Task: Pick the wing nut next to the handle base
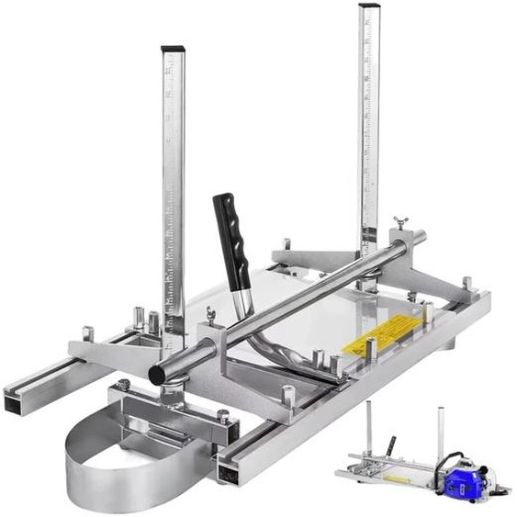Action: coord(210,315)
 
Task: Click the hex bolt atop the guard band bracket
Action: coord(122,386)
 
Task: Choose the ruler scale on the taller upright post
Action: coord(369,138)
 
